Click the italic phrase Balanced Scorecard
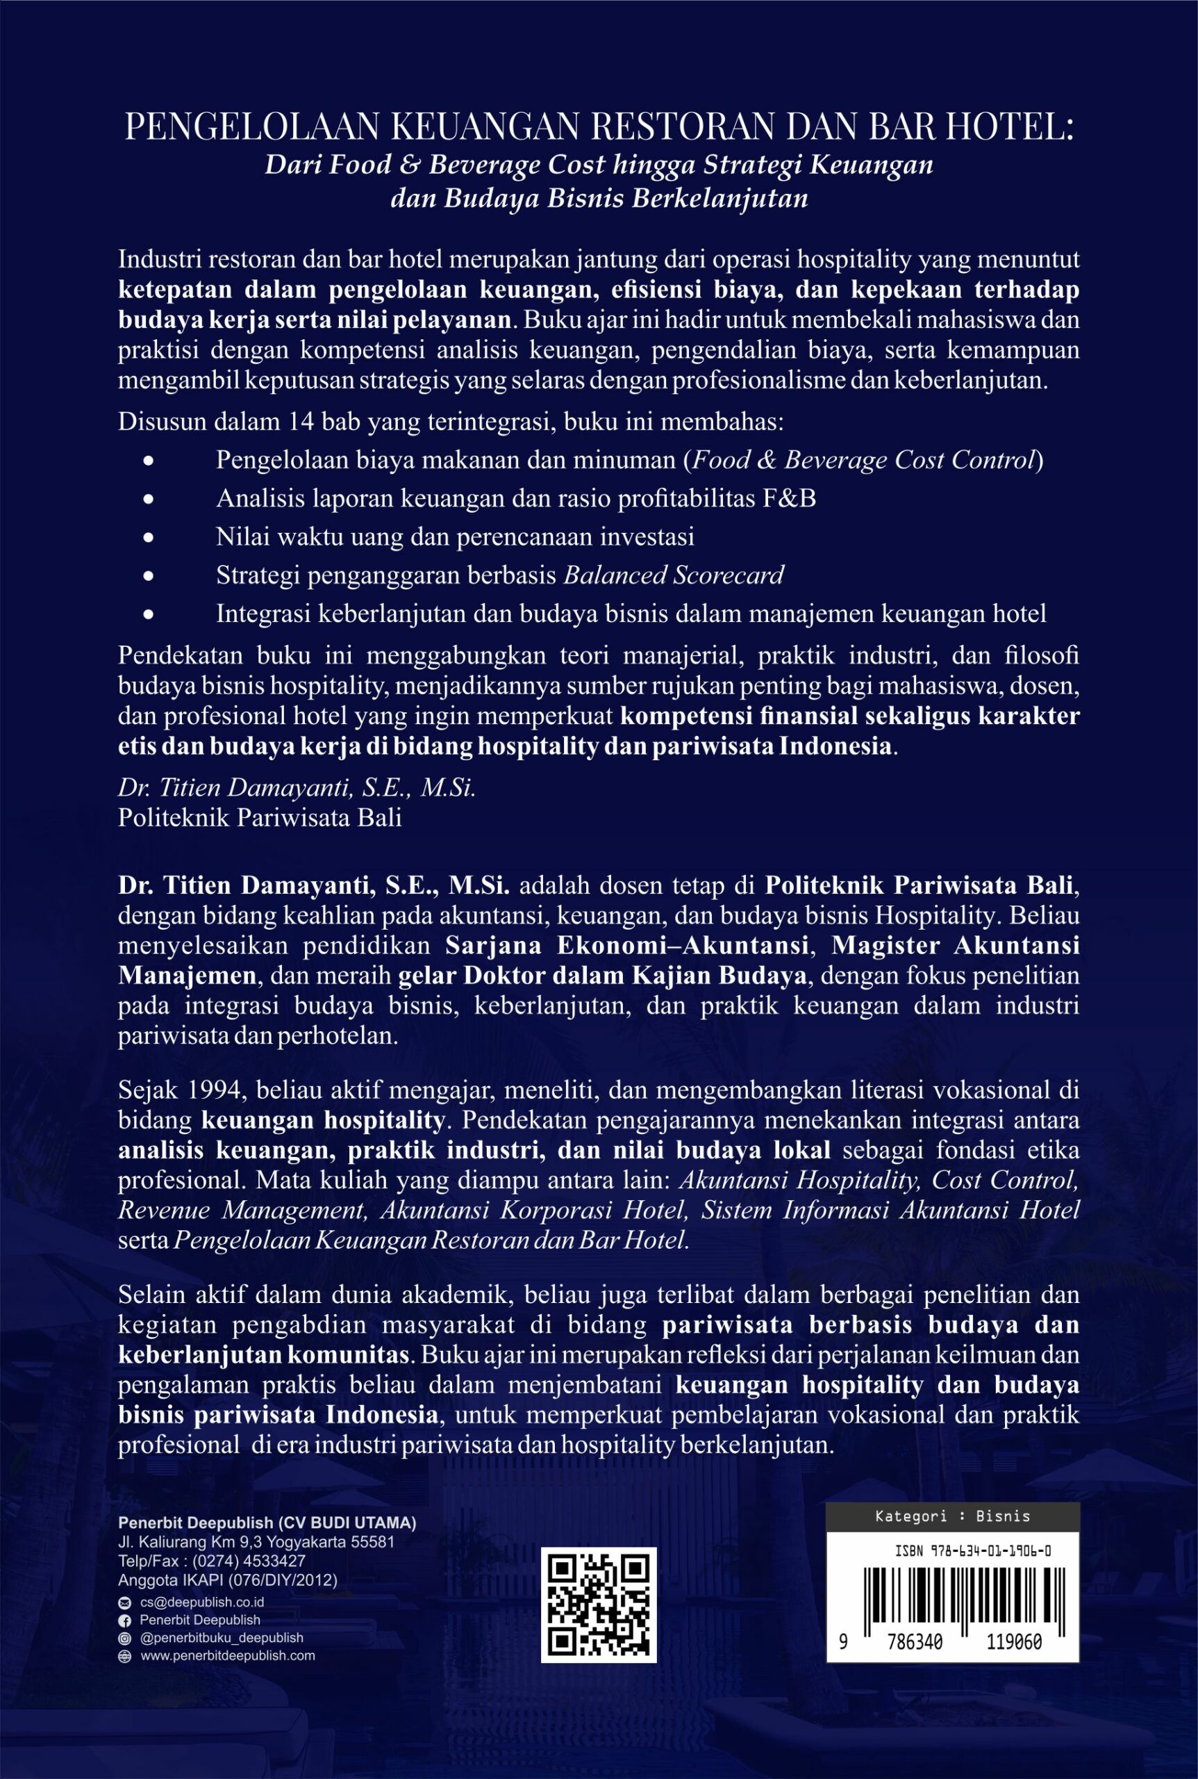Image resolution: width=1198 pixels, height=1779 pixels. [673, 575]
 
